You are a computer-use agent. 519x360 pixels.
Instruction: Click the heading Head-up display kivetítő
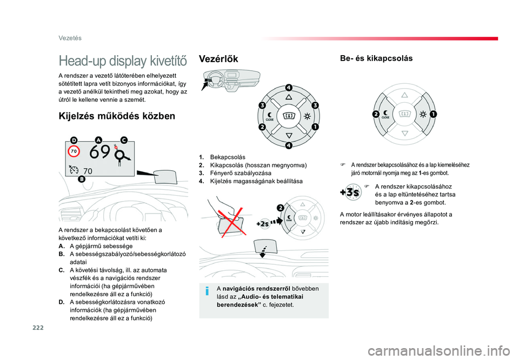tap(123, 61)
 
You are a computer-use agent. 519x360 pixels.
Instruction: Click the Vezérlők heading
tap(218, 59)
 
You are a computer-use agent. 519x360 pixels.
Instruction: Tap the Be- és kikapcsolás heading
tap(376, 58)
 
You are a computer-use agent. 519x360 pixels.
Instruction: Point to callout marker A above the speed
tap(98, 140)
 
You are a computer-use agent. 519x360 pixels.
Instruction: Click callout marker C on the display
tap(124, 140)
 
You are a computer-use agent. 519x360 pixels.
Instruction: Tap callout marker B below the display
tap(82, 179)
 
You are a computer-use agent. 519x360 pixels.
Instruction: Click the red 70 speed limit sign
tap(74, 151)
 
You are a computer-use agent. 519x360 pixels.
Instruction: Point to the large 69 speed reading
tap(100, 152)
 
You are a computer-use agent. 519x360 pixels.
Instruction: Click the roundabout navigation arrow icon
tap(122, 156)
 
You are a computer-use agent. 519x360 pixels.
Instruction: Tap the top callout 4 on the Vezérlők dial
tap(289, 88)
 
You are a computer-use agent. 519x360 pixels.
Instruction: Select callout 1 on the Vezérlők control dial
tap(315, 126)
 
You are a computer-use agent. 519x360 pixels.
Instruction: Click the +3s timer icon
tap(350, 192)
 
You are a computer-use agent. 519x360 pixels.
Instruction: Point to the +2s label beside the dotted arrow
tap(263, 224)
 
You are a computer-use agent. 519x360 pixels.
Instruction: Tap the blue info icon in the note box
tap(207, 291)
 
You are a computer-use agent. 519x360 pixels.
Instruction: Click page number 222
tap(38, 328)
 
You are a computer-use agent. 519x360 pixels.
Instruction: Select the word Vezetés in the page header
tap(70, 38)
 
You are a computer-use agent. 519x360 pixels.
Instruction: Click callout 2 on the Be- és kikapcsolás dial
tap(376, 115)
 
